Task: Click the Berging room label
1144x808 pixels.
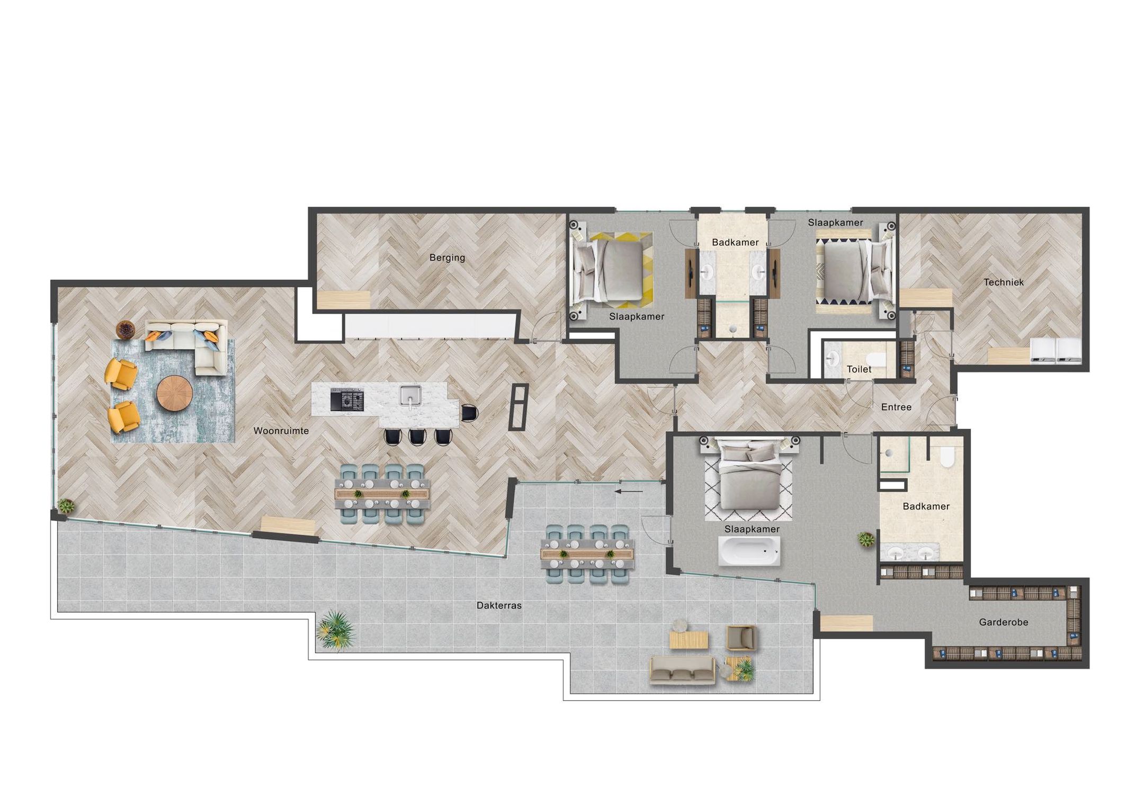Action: click(447, 258)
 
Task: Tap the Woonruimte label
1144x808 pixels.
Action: click(281, 431)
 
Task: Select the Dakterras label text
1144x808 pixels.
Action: click(499, 605)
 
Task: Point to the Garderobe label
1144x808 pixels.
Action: click(1003, 622)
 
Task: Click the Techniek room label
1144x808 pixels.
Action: click(1003, 282)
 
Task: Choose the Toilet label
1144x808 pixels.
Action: click(859, 369)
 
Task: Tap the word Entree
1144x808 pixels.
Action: click(896, 407)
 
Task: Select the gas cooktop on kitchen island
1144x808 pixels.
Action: click(347, 399)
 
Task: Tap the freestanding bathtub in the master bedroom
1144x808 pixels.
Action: click(749, 551)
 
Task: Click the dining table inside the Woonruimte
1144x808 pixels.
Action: click(381, 494)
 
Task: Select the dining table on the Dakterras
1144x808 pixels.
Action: click(587, 554)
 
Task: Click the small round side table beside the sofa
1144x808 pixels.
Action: click(126, 330)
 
